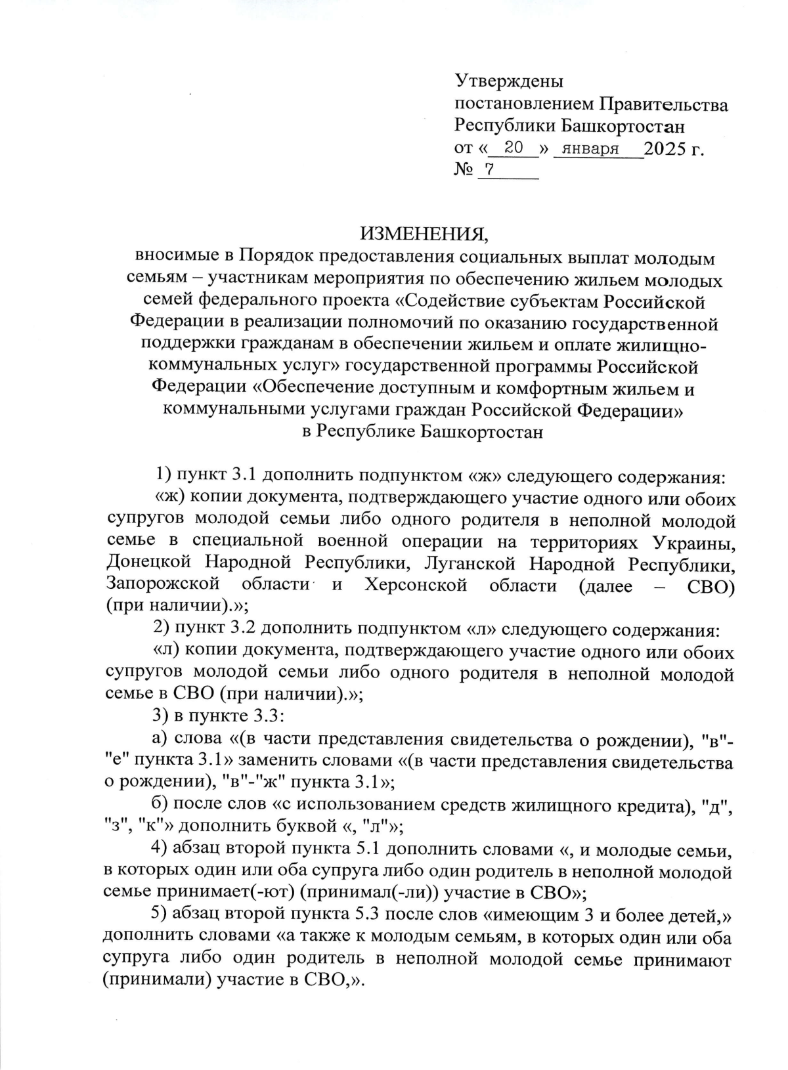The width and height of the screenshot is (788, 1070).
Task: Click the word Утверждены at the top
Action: pyautogui.click(x=509, y=81)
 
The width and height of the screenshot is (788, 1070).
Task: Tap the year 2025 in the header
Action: pyautogui.click(x=664, y=150)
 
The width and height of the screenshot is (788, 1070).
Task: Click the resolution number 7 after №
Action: pyautogui.click(x=489, y=169)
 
